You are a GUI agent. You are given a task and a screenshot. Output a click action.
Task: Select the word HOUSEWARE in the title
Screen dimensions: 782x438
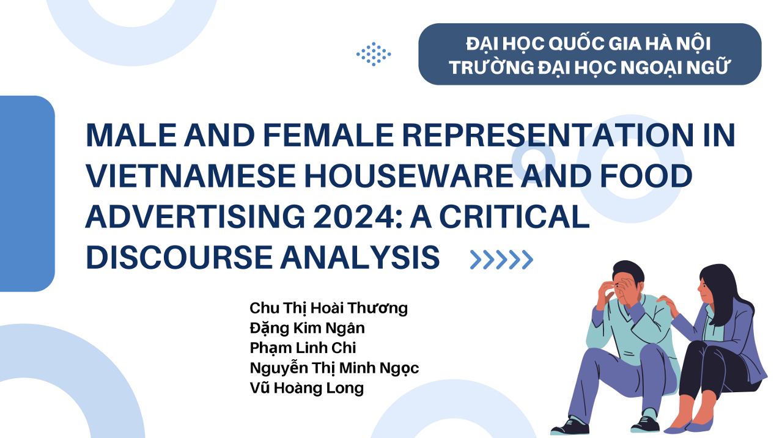click(x=409, y=176)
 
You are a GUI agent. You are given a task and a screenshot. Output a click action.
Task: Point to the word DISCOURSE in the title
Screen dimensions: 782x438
click(x=179, y=257)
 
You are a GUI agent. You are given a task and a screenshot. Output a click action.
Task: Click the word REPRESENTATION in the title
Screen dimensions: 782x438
click(x=548, y=135)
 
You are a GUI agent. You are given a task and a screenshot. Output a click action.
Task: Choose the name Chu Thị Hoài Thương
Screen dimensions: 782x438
click(x=328, y=308)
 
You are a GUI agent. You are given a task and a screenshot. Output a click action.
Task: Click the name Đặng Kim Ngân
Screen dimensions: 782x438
click(x=307, y=328)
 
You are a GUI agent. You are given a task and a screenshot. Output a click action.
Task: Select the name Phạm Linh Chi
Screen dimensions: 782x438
click(x=303, y=348)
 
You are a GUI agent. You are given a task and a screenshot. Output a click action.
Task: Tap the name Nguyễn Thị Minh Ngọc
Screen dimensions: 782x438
click(x=334, y=368)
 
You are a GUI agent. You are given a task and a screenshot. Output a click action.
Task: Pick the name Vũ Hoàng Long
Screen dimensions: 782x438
click(x=306, y=388)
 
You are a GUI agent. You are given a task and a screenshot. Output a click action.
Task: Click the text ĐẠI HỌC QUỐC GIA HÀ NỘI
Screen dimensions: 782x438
click(x=589, y=44)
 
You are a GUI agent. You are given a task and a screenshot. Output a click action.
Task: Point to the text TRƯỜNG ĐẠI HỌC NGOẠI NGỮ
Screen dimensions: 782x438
click(x=589, y=67)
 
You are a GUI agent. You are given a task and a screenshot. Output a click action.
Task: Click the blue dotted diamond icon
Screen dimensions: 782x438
click(x=374, y=54)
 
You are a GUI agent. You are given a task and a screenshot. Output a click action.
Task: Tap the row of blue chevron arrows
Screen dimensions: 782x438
click(x=501, y=260)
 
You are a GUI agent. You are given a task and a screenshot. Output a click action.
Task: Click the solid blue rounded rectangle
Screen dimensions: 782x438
click(x=28, y=194)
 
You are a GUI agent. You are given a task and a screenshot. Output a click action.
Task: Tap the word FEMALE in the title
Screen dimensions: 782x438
click(x=328, y=135)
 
